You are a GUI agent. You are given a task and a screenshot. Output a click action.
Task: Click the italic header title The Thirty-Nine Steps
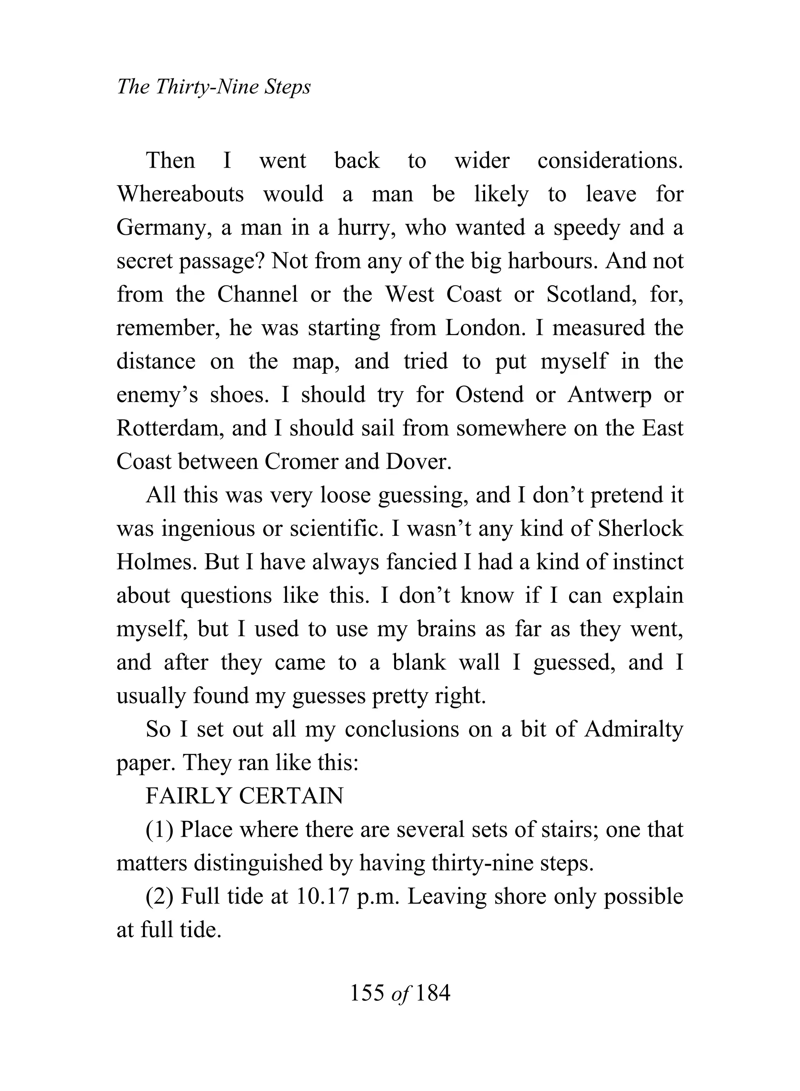[x=214, y=87]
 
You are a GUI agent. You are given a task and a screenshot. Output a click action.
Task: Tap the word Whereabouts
[x=180, y=194]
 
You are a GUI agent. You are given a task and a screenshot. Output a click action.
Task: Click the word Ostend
[x=489, y=395]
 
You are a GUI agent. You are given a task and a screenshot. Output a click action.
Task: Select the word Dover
[x=418, y=461]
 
